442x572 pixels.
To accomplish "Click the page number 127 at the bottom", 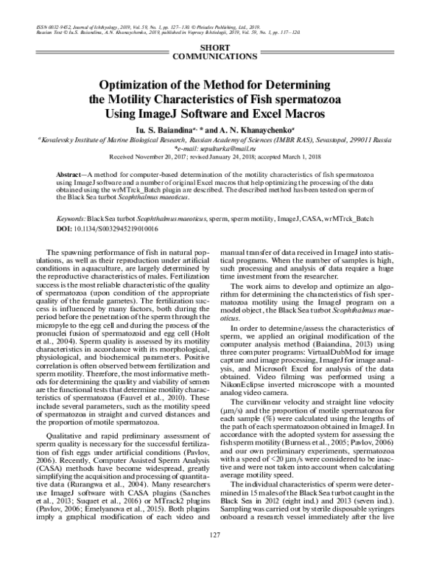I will click(x=215, y=555).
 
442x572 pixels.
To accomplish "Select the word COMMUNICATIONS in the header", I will click(x=221, y=56).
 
